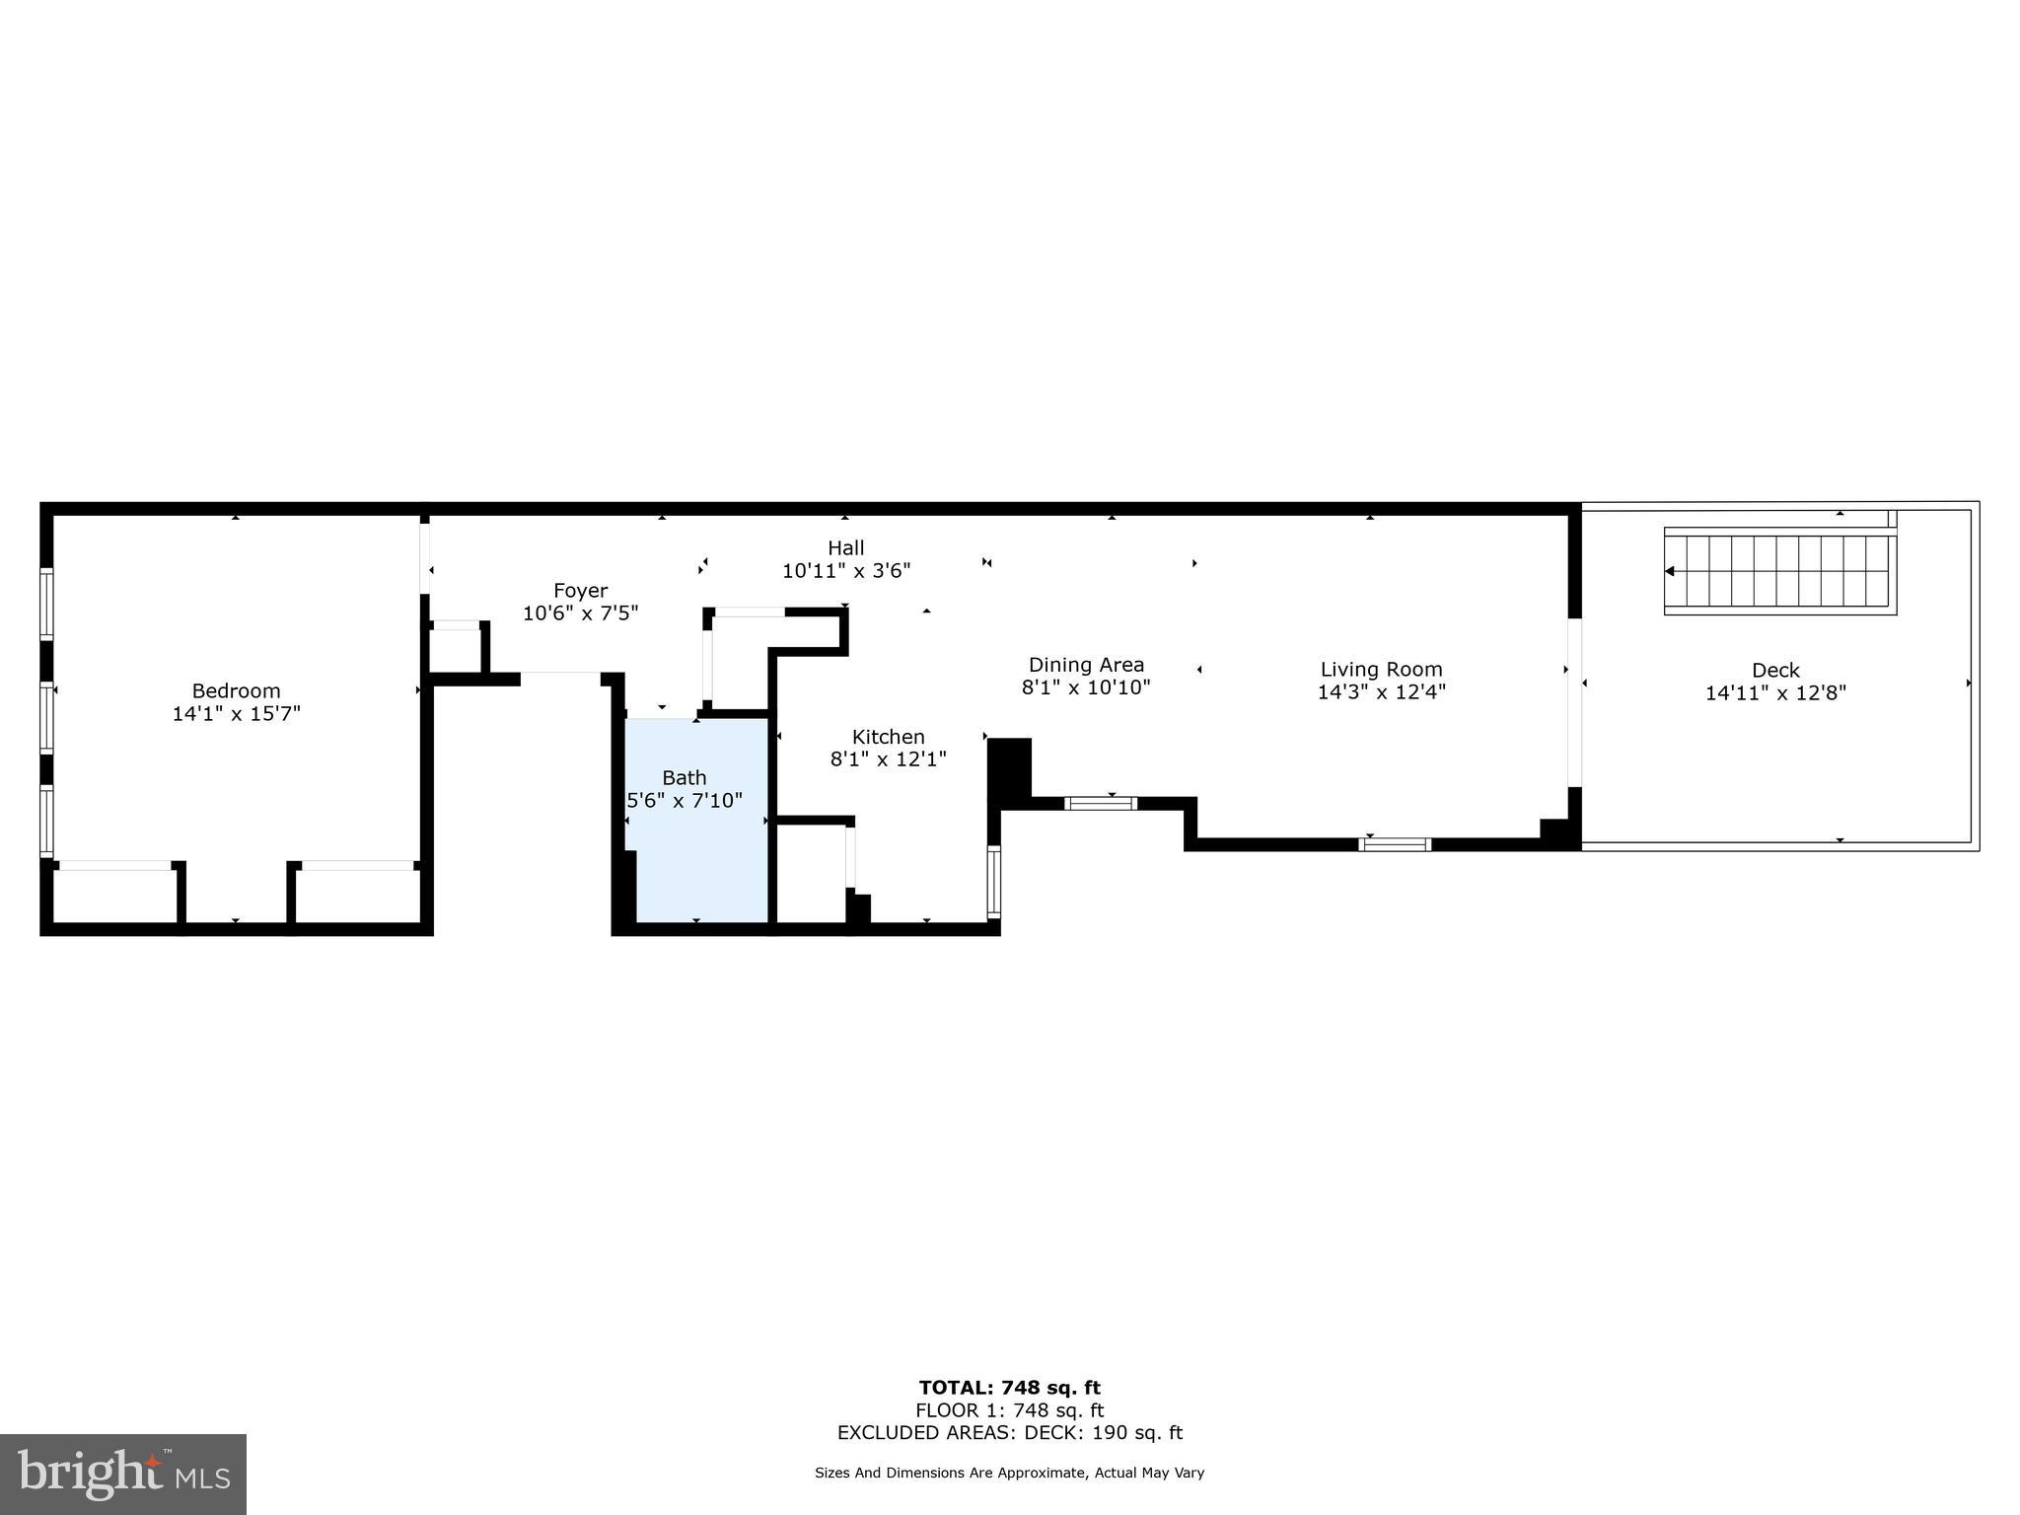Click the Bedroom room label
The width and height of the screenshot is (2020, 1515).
[236, 690]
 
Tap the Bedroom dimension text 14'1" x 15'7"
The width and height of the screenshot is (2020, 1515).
[236, 713]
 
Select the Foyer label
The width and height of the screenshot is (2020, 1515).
[580, 590]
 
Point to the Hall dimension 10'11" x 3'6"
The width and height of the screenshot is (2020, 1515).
[845, 570]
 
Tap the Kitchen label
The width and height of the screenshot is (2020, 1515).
[888, 736]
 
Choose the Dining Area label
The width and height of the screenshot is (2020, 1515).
[1086, 664]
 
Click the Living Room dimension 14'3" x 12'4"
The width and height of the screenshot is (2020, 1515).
[1381, 691]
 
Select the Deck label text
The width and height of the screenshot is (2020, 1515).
[1775, 670]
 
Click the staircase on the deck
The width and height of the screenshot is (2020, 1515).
[1780, 571]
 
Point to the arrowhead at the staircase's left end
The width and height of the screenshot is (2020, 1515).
[1670, 571]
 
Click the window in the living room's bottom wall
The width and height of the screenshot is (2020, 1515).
[1395, 843]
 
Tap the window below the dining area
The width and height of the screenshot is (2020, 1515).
[1101, 803]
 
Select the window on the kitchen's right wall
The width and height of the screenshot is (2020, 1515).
[993, 882]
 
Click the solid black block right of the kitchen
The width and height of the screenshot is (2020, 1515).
[1009, 767]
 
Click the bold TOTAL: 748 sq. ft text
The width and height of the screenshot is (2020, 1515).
[1009, 1388]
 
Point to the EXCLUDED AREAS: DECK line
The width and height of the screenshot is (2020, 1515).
[1009, 1432]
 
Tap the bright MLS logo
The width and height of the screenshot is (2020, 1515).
[123, 1474]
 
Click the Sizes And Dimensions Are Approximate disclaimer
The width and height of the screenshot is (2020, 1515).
[1009, 1473]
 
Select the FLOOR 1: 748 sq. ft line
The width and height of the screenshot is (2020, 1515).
[1009, 1410]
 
